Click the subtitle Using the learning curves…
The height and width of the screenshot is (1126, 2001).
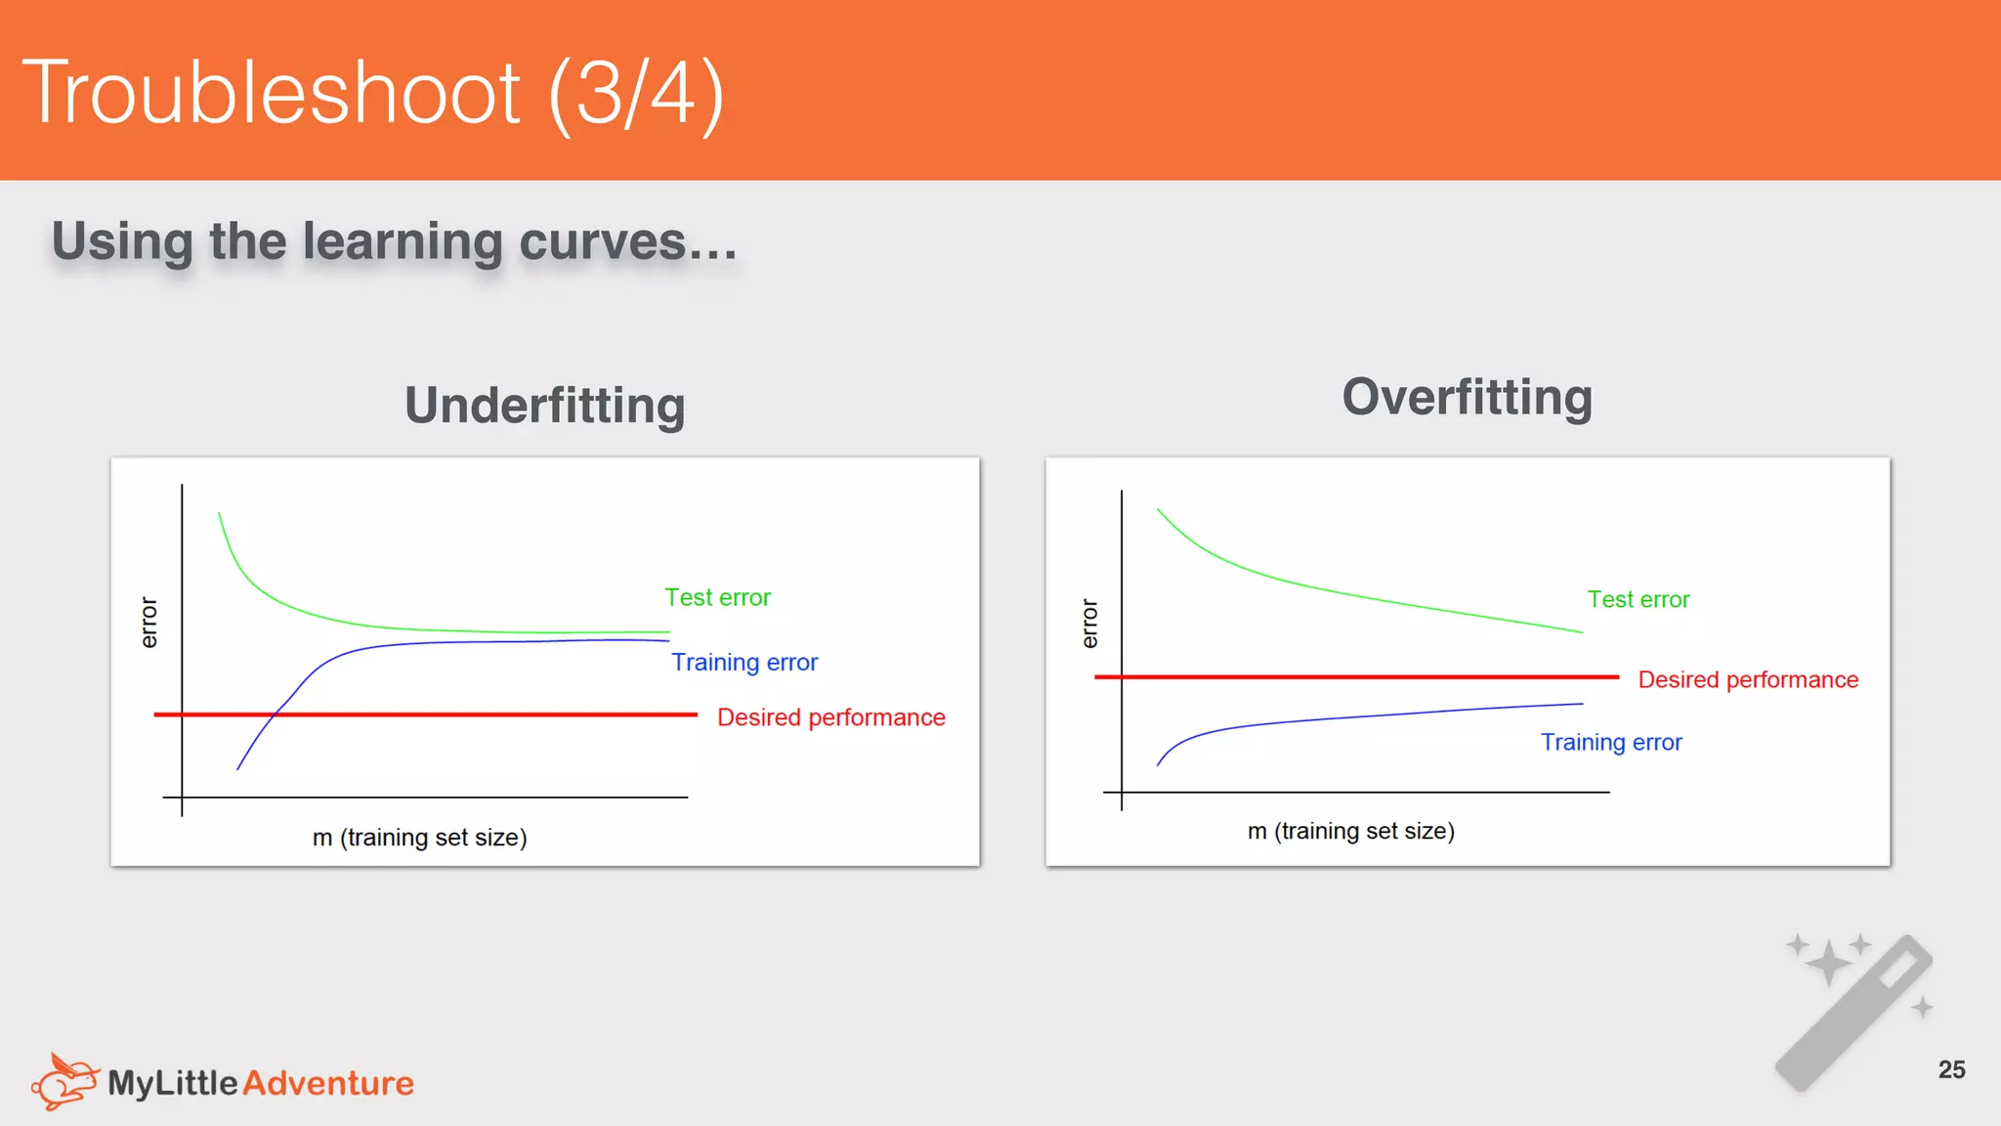(x=394, y=241)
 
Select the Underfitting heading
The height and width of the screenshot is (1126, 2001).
(x=544, y=406)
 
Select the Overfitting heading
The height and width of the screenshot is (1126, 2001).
(x=1467, y=398)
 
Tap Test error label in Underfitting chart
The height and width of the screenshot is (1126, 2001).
(x=717, y=597)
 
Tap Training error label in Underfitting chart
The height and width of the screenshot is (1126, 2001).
(x=745, y=663)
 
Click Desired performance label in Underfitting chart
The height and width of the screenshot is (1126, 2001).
(x=830, y=717)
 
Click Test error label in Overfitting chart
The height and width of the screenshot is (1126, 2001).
(x=1638, y=599)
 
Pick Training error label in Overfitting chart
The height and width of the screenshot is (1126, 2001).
(x=1611, y=743)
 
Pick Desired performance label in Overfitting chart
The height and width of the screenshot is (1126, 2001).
(x=1747, y=679)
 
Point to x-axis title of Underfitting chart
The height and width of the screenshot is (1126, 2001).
(x=419, y=838)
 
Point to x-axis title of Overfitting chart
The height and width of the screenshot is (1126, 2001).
(x=1350, y=831)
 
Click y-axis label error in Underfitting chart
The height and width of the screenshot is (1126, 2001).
(x=149, y=623)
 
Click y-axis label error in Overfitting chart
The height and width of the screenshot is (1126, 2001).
(x=1089, y=625)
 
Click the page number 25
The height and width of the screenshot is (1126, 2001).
(x=1951, y=1069)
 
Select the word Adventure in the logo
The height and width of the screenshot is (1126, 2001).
(x=328, y=1083)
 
